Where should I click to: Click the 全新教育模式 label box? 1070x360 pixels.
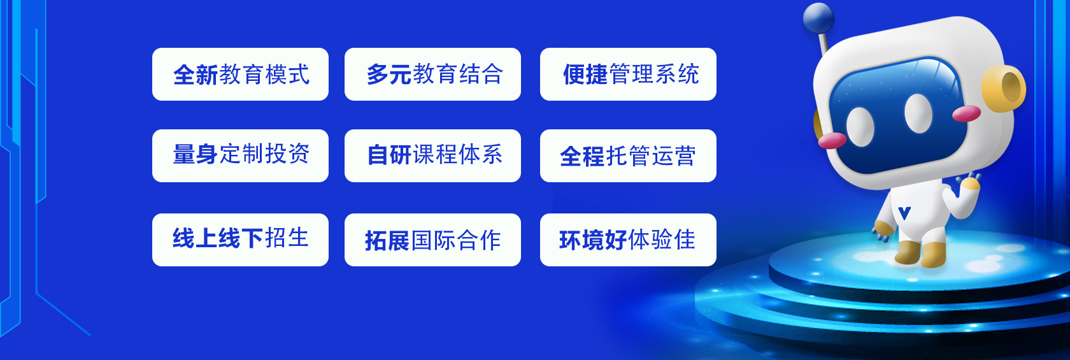coord(240,74)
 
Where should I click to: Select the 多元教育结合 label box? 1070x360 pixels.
coord(433,74)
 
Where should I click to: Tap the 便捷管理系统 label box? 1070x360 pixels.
coord(628,74)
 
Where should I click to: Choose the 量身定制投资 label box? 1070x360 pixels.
coord(240,156)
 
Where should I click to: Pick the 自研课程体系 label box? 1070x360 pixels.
coord(433,156)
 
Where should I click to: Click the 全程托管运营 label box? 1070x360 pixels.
coord(628,156)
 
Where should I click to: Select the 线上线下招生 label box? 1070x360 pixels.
coord(240,240)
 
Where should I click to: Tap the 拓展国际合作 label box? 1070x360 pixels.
coord(433,240)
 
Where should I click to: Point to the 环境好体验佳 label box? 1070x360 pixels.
coord(628,240)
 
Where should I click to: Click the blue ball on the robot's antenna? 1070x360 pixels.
coord(818,18)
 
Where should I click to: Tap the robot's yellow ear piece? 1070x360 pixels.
coord(1003,89)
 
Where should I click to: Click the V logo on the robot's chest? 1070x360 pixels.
coord(904,213)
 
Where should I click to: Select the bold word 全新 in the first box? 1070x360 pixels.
coord(196,75)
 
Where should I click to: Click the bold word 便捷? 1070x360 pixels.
coord(585,75)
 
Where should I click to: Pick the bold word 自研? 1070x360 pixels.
coord(389,155)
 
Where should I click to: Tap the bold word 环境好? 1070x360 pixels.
coord(593,240)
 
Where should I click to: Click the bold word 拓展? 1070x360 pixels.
coord(387,240)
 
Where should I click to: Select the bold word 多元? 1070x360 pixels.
coord(389,75)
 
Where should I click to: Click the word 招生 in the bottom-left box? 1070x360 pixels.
coord(287,238)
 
